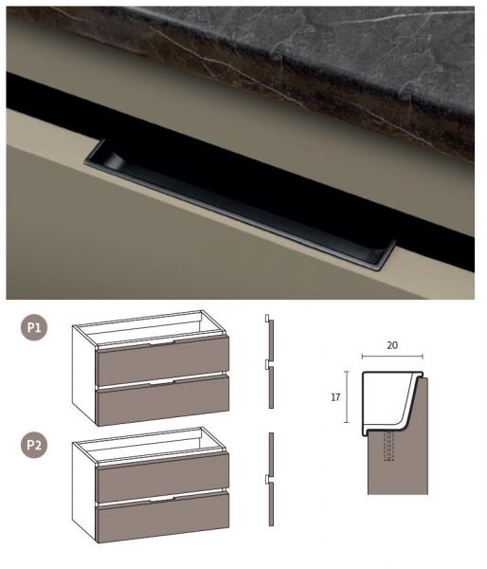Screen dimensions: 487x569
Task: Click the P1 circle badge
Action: [x=34, y=328]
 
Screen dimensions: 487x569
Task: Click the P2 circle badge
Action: [x=34, y=445]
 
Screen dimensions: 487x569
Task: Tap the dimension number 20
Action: [x=392, y=345]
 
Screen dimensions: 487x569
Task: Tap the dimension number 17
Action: [x=335, y=397]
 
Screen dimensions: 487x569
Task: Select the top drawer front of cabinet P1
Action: [x=162, y=360]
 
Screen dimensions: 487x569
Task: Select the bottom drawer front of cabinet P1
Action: [x=163, y=400]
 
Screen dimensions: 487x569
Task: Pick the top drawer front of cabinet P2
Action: [x=162, y=477]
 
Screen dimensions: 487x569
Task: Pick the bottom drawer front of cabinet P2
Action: [x=163, y=517]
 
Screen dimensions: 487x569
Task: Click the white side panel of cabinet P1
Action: [x=83, y=375]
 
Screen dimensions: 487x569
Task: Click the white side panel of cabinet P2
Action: [x=83, y=491]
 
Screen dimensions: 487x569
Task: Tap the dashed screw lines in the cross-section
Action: [x=388, y=446]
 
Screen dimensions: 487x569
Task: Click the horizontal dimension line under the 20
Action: [x=392, y=357]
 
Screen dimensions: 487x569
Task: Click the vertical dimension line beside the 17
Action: [x=347, y=397]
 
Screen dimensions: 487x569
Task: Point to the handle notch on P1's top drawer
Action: [x=162, y=342]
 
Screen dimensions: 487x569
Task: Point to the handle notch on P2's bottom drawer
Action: [x=162, y=500]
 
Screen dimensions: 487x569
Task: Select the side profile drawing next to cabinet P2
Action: [x=271, y=479]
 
